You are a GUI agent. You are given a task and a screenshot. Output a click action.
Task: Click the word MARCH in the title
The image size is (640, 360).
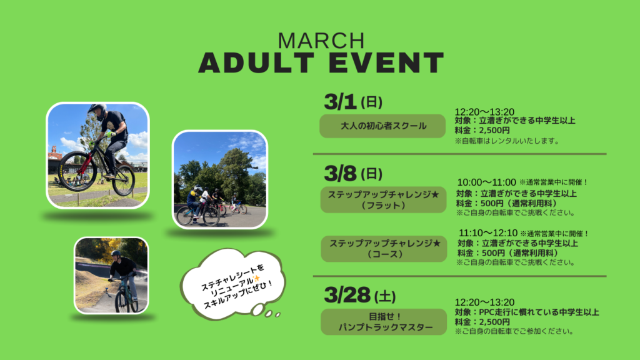tap(321, 41)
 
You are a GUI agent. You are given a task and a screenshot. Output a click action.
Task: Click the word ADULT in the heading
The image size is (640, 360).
tap(256, 62)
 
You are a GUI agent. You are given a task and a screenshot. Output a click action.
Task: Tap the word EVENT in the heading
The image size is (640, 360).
tap(386, 62)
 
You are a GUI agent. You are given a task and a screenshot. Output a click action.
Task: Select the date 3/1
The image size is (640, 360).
tap(340, 102)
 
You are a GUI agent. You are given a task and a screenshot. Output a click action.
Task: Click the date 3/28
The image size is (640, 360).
tap(347, 295)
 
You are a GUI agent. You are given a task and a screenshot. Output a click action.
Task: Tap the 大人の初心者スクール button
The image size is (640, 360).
tap(382, 126)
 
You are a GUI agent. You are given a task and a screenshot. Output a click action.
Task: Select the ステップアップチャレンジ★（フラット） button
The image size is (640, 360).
tap(383, 199)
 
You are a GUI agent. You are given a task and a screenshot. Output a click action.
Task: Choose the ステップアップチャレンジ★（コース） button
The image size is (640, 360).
tap(384, 249)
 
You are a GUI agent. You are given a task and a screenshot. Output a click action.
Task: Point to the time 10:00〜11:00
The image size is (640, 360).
tap(486, 182)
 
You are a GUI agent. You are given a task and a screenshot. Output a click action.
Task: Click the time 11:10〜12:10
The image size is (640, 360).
tap(488, 233)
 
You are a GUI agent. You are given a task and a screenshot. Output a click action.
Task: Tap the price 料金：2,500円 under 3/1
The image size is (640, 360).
tap(482, 131)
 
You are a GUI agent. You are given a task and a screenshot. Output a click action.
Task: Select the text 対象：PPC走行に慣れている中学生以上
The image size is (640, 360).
tap(527, 312)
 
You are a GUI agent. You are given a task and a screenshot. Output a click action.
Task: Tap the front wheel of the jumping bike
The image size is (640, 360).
tap(77, 171)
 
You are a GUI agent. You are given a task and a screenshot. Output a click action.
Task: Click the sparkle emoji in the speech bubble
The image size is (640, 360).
tap(257, 279)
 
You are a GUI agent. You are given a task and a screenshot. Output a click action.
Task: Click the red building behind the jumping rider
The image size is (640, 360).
tap(55, 157)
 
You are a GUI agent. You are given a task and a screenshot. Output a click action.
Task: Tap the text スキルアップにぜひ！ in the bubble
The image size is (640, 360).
tap(238, 294)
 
